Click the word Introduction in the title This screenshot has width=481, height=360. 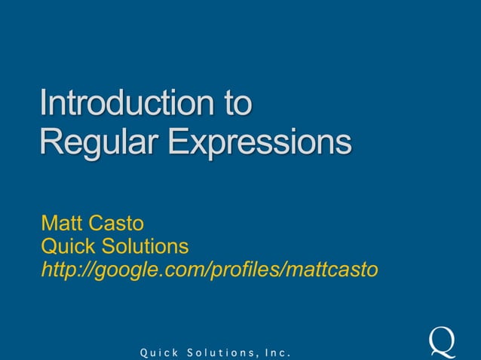[122, 104]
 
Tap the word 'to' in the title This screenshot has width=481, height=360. [232, 104]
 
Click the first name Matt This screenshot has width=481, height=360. [63, 224]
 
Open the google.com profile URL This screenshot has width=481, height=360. [209, 269]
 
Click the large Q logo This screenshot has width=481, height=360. [442, 340]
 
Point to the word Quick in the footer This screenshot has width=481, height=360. [153, 352]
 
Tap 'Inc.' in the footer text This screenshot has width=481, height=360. [275, 352]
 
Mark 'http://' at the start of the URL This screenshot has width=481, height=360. [63, 269]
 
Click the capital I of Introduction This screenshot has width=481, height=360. [44, 104]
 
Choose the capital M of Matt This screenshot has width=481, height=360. [51, 224]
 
